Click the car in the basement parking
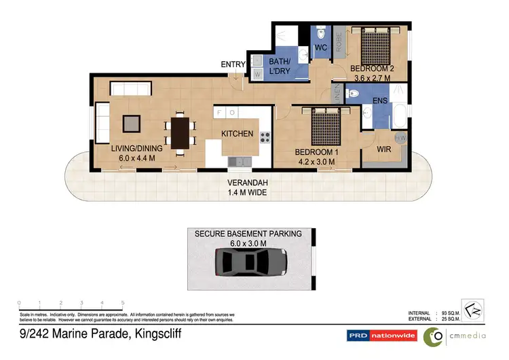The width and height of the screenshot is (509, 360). pos(250,261)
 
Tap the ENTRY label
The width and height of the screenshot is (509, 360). pos(233,65)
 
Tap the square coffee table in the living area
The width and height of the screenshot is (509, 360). pos(131,123)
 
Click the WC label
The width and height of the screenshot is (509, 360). pos(320,48)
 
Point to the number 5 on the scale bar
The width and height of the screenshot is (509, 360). pos(122,303)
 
